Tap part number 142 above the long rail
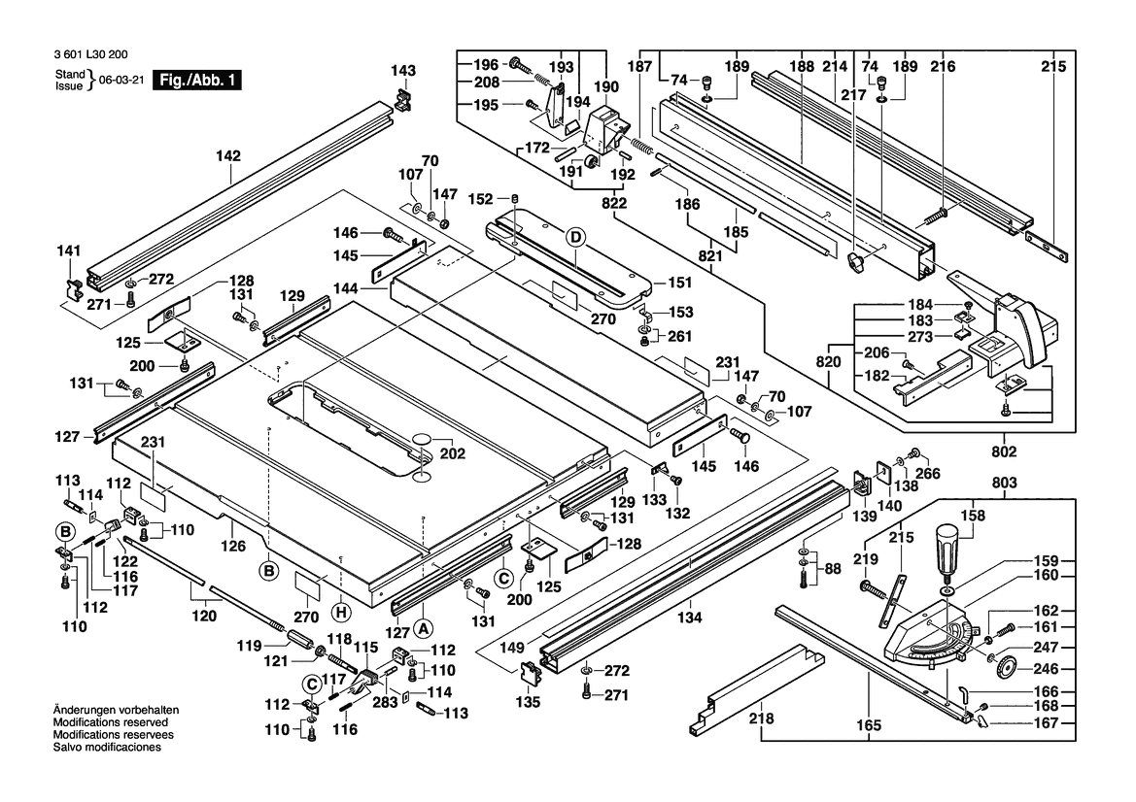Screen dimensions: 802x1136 (228, 155)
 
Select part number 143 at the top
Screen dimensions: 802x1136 (402, 70)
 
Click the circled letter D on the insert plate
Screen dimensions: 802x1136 (575, 237)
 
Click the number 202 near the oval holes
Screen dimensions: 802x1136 (452, 452)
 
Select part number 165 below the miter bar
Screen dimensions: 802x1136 (869, 725)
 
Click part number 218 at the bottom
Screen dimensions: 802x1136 (761, 719)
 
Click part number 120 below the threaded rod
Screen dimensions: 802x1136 (202, 616)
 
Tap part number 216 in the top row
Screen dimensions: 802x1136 (943, 67)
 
